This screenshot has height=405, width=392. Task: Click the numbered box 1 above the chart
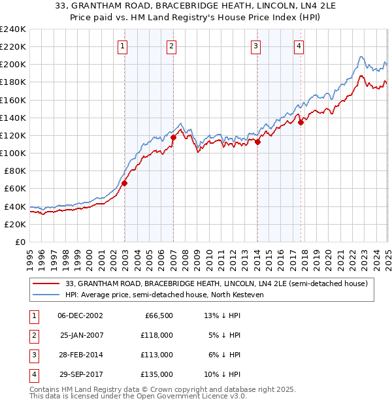point(123,46)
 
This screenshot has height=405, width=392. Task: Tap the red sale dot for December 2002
point(124,184)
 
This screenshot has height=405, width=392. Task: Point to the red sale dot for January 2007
point(174,137)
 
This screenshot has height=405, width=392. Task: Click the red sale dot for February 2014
point(258,142)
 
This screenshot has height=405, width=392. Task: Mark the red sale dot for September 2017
point(301,122)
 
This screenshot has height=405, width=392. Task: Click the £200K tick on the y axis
point(14,65)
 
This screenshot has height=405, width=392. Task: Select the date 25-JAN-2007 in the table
point(82,334)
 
